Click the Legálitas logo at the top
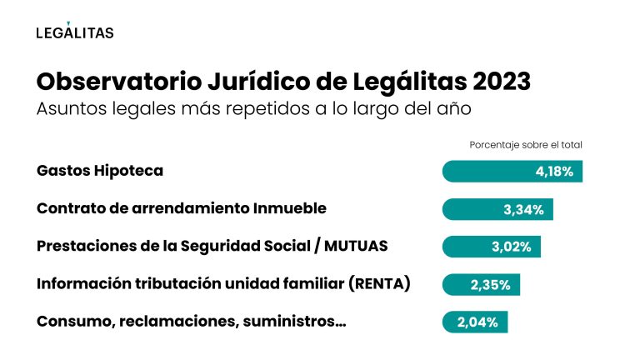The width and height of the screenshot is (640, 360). [75, 32]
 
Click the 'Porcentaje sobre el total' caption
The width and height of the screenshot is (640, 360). [526, 144]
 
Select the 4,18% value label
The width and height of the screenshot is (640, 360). [554, 172]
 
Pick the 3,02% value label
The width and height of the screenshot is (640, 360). [512, 247]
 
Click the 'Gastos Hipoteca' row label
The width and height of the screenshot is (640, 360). [100, 171]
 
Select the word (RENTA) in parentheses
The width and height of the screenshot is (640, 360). [380, 284]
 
